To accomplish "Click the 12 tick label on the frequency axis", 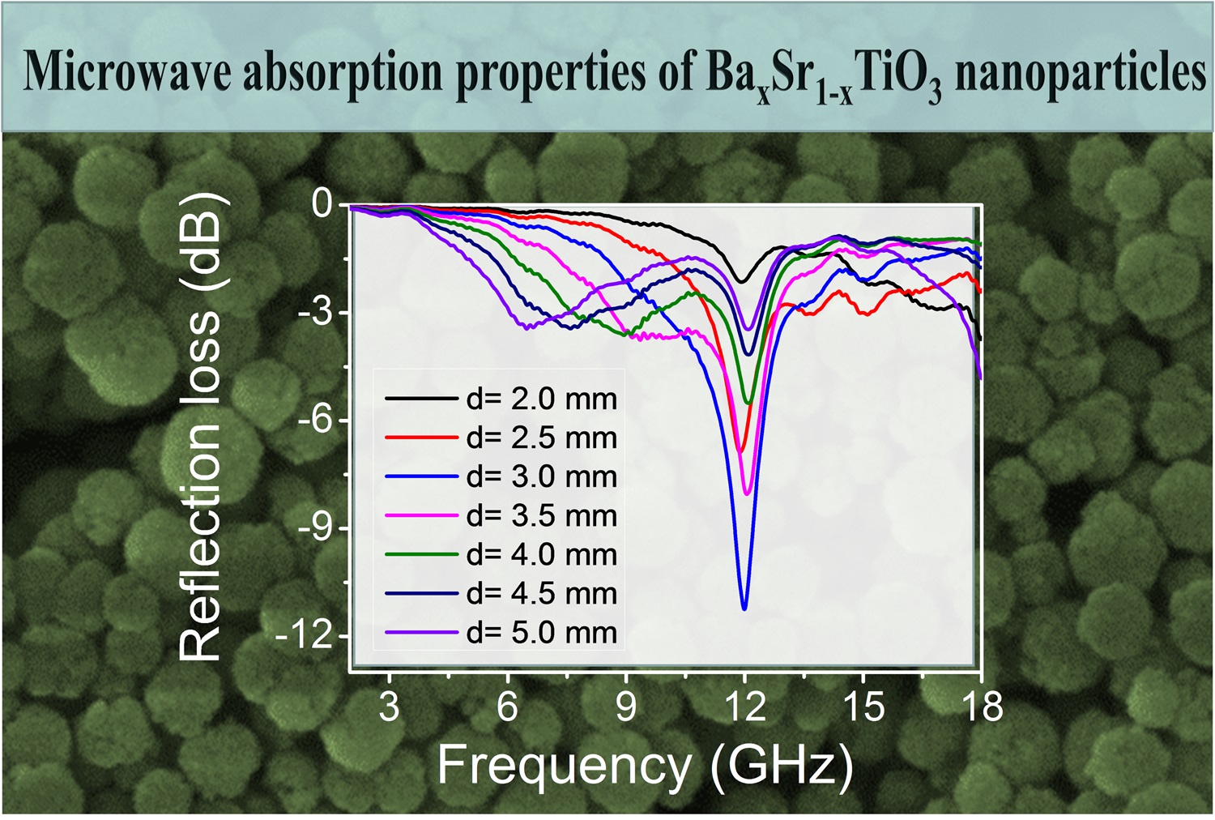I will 744,707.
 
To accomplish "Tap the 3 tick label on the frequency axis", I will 390,707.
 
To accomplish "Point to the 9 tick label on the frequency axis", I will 626,707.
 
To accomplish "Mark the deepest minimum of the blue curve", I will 744,608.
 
